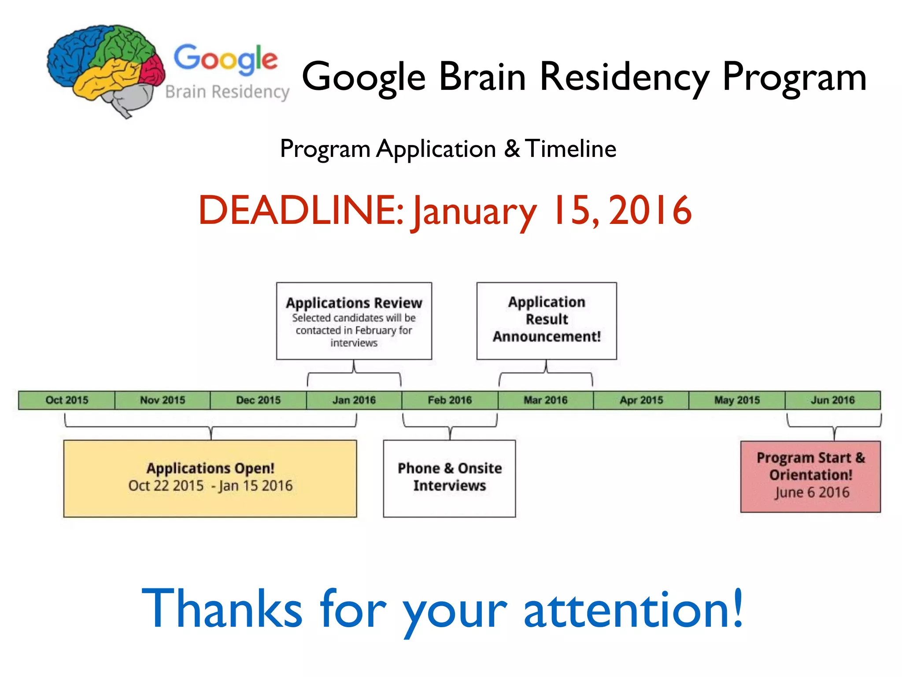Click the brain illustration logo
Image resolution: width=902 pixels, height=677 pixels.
106,68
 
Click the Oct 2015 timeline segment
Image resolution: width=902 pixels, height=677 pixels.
67,400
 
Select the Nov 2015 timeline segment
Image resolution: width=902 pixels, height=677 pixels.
163,400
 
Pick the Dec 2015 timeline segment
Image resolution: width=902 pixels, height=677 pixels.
259,400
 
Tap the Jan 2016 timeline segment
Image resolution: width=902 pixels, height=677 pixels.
354,400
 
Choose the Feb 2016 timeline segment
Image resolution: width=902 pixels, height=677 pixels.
450,400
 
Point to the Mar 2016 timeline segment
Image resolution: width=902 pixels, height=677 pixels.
546,400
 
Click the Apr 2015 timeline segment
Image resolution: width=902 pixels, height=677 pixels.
641,400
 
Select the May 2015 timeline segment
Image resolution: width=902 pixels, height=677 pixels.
737,400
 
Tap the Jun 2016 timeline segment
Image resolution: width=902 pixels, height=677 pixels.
832,400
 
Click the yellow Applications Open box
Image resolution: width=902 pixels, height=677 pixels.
210,478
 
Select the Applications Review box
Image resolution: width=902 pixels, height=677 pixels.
354,321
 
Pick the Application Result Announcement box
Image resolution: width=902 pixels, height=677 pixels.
547,321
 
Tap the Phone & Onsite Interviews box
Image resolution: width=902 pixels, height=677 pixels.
449,478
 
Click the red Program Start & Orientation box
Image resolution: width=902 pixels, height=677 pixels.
810,476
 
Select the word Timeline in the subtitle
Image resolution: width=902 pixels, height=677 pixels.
571,149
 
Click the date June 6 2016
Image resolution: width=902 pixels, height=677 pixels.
812,492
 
